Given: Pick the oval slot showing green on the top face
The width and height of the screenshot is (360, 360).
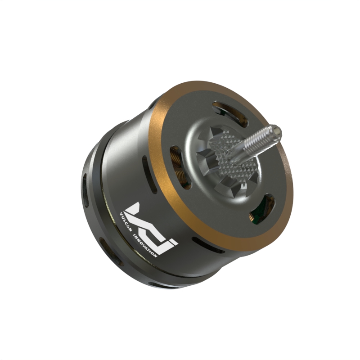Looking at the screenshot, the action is [262, 209].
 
